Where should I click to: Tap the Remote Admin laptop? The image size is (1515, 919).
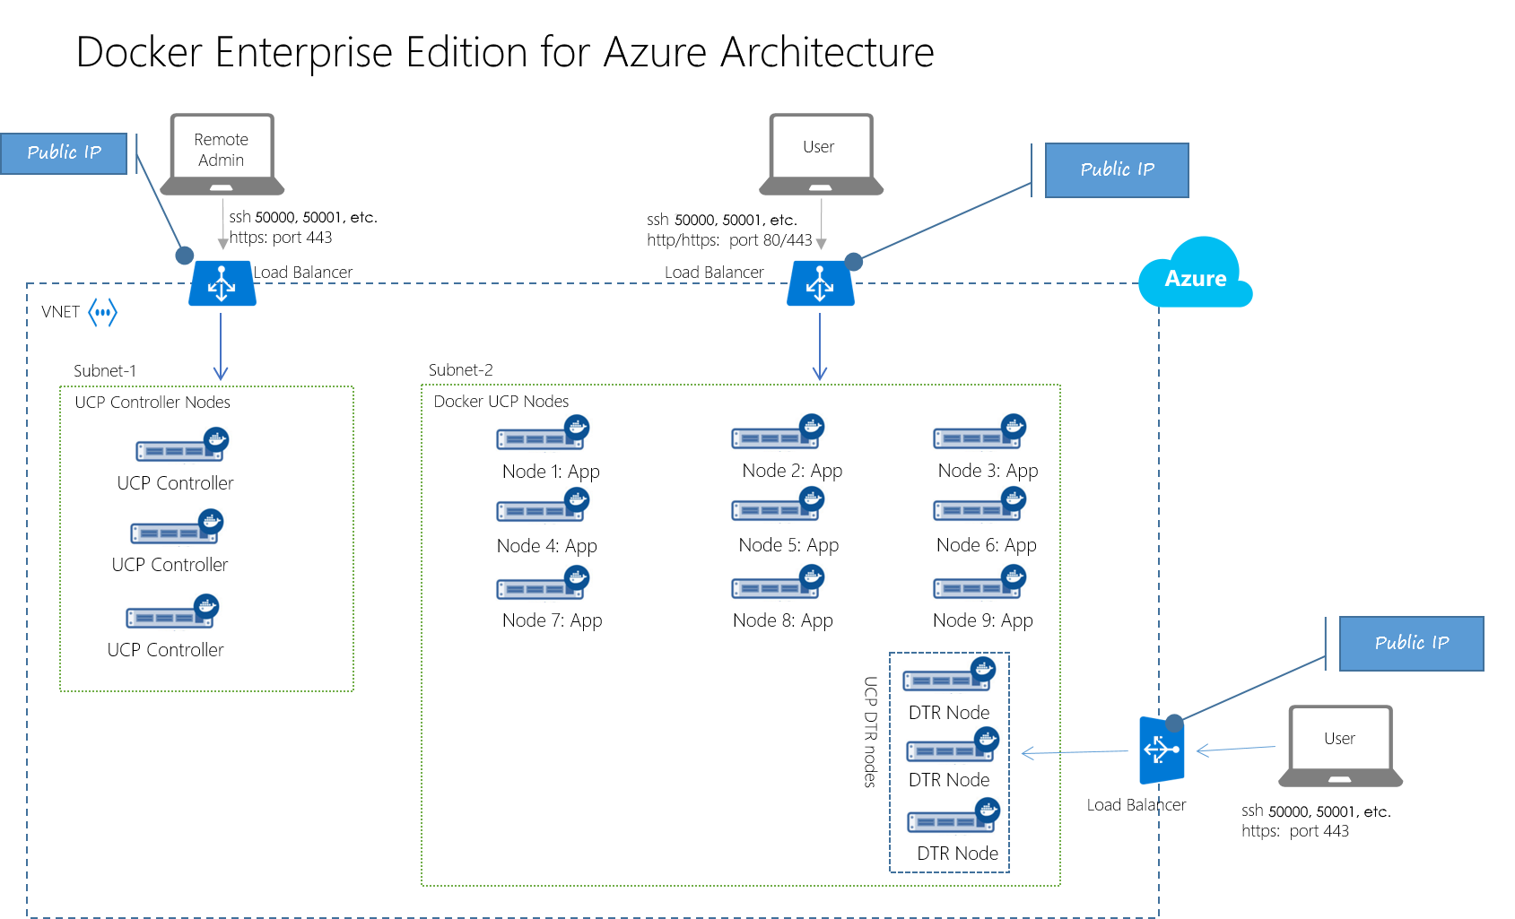(222, 153)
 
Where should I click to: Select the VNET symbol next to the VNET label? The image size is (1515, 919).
(103, 313)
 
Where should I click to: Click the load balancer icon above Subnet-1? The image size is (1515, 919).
(222, 283)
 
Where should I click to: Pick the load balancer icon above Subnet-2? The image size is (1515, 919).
(820, 283)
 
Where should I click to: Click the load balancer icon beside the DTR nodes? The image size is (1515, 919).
(1162, 750)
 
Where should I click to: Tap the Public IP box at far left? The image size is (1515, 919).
(64, 153)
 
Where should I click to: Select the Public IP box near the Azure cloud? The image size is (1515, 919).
(1117, 169)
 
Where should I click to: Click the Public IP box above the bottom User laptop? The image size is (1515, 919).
(1411, 643)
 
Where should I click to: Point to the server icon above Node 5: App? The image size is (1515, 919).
(777, 507)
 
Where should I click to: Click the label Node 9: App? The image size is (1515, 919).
(982, 620)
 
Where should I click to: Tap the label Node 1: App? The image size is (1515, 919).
(551, 472)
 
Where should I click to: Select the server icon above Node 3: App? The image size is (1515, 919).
(979, 434)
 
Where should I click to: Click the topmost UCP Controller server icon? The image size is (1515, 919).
(181, 446)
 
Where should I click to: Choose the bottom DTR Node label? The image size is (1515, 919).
(957, 854)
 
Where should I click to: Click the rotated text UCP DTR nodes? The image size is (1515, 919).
(870, 732)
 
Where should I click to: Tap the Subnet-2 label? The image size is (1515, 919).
(460, 370)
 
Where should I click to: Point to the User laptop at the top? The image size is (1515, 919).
(820, 153)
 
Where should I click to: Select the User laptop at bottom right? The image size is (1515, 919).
(1339, 745)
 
